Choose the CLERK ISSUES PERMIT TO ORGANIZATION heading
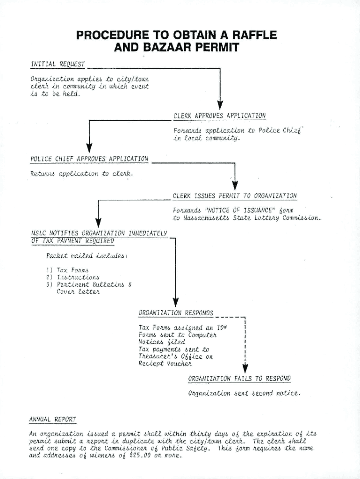[x=234, y=196]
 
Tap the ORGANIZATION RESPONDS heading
[x=176, y=312]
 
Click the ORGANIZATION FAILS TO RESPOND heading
[x=239, y=378]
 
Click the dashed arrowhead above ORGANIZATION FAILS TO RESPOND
[x=245, y=369]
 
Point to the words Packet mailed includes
[x=87, y=255]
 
